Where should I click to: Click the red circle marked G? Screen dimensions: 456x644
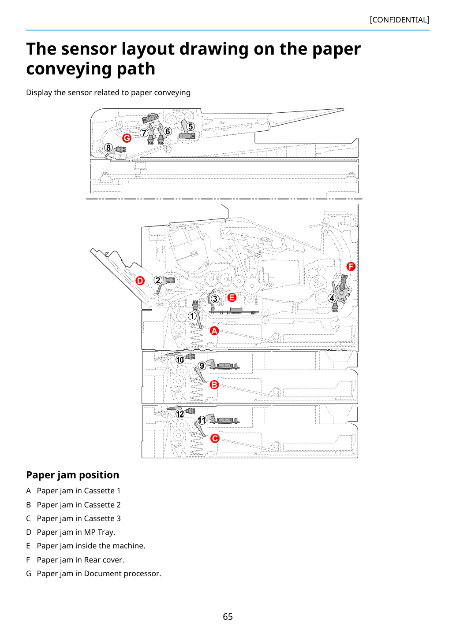pos(127,138)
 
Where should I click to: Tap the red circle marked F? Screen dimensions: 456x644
pos(351,266)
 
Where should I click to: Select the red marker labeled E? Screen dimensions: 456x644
pos(232,297)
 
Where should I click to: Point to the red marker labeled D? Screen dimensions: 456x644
pos(140,281)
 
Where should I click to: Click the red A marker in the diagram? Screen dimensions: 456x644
pos(214,331)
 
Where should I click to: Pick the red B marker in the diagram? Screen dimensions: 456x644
pos(214,385)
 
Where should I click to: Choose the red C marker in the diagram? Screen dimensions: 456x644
pos(215,438)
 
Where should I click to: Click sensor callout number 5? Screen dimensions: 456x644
pos(190,126)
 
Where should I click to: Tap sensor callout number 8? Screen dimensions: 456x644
pos(108,148)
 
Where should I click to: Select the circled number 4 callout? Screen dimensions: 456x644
pos(332,298)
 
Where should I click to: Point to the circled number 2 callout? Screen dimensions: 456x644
pos(158,280)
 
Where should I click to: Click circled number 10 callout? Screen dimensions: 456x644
pos(180,360)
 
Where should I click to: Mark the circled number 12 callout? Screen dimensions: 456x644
pos(180,414)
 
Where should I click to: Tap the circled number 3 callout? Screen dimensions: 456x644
pos(215,299)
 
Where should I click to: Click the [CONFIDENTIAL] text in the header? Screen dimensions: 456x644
pos(400,20)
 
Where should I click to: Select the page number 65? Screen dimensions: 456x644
pos(228,616)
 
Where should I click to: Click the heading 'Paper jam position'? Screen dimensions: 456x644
pos(72,475)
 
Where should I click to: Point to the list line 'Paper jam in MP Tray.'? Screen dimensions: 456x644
pos(76,532)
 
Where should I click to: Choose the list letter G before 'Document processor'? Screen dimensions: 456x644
pos(29,574)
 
